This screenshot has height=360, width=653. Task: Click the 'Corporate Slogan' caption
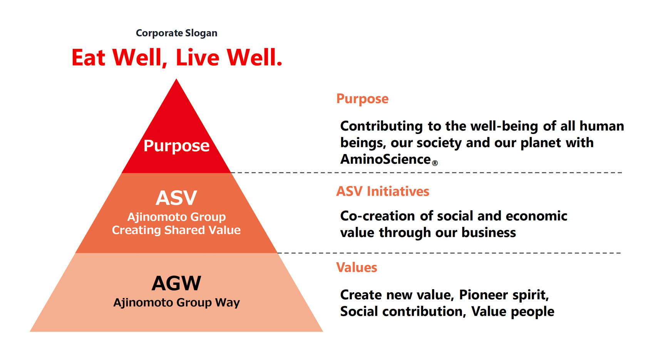(177, 33)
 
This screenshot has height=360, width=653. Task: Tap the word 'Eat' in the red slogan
(88, 57)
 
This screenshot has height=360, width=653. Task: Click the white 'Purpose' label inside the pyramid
(176, 146)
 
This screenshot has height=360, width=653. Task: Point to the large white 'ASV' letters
(176, 198)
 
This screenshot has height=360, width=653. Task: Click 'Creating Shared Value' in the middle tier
(176, 230)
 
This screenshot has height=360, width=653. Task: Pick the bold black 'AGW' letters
(176, 283)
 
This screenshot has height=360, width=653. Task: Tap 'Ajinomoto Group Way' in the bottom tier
(176, 303)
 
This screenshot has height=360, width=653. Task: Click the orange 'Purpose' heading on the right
(362, 99)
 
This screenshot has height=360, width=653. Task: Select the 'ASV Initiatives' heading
(382, 191)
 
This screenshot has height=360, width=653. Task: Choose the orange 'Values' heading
(357, 267)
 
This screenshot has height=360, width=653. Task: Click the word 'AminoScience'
(385, 159)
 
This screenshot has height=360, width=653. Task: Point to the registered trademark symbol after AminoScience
(435, 163)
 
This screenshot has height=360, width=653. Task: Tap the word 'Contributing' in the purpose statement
(381, 127)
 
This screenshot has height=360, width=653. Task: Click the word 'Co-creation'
(377, 216)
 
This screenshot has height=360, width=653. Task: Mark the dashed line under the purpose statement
(427, 173)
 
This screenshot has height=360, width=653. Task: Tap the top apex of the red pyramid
(176, 79)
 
